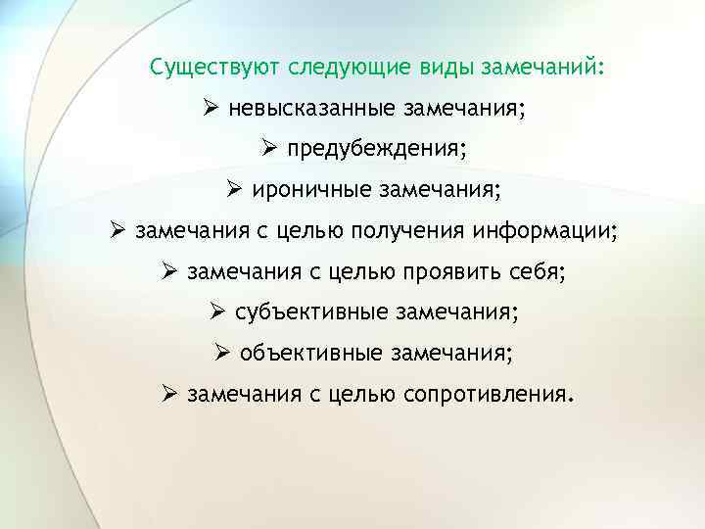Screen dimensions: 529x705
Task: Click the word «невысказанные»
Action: tap(308, 109)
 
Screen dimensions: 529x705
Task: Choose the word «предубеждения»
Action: tap(377, 150)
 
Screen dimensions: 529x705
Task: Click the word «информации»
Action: tap(542, 232)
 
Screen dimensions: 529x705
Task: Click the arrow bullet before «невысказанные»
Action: tap(211, 109)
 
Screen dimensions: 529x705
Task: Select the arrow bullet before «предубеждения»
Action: tap(269, 150)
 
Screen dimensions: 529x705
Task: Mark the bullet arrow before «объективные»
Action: tap(221, 353)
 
